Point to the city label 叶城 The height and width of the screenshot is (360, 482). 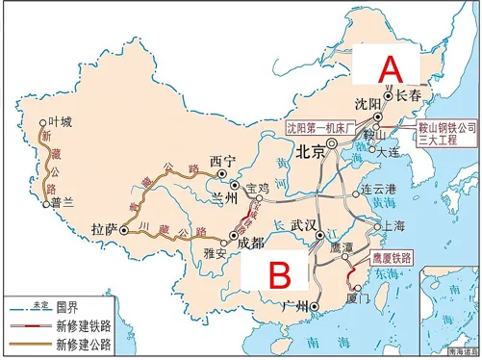59,122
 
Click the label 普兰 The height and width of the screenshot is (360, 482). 64,204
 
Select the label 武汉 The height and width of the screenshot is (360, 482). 305,223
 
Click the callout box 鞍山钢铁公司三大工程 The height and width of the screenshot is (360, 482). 446,131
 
